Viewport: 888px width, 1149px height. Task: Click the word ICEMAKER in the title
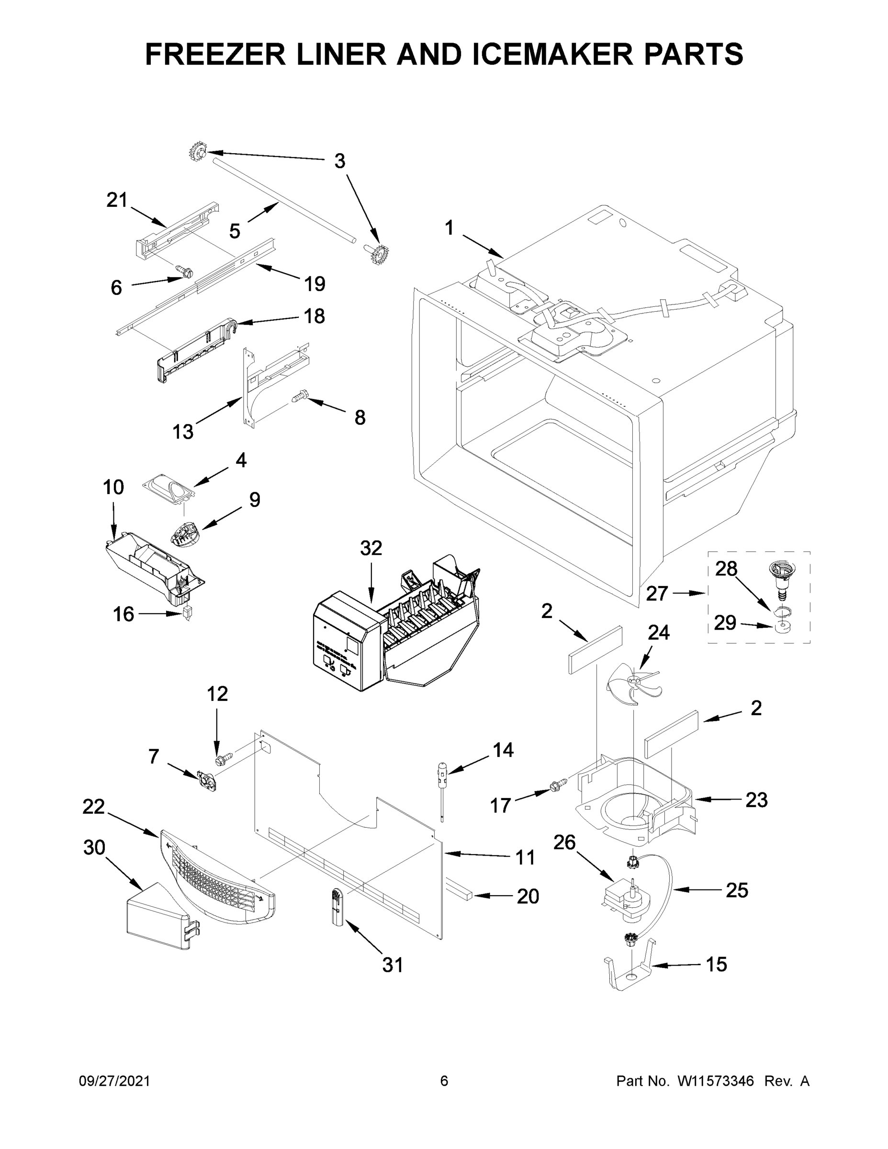click(552, 54)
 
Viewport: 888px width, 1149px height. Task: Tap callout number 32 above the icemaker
click(371, 548)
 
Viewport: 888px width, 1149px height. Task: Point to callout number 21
click(117, 200)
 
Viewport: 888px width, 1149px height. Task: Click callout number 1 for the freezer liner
click(449, 228)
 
